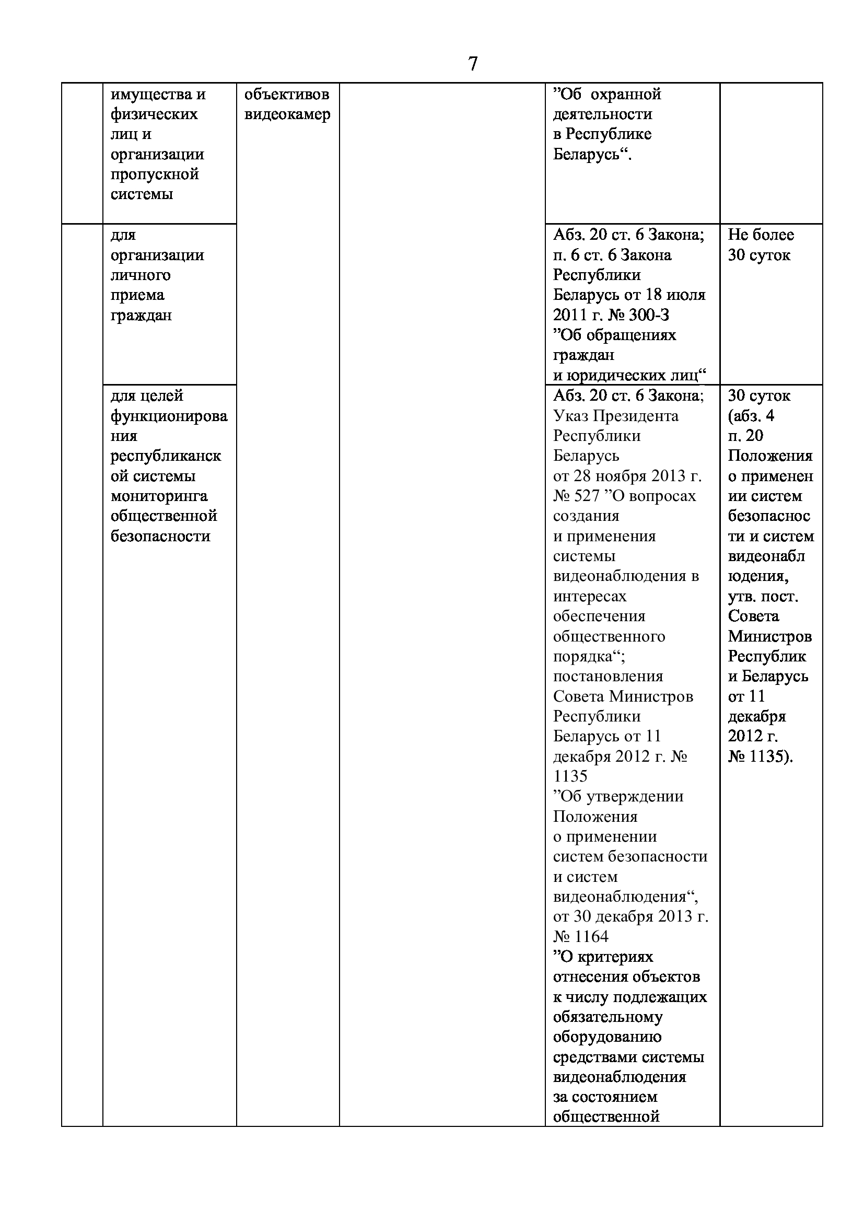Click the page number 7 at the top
pyautogui.click(x=472, y=64)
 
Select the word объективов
pyautogui.click(x=287, y=94)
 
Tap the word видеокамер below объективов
pyautogui.click(x=287, y=114)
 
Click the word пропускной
pyautogui.click(x=155, y=174)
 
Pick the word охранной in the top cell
pyautogui.click(x=626, y=94)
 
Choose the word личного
pyautogui.click(x=141, y=275)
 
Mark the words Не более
pyautogui.click(x=761, y=235)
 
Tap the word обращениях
pyautogui.click(x=631, y=335)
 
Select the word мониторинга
pyautogui.click(x=159, y=496)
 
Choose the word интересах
pyautogui.click(x=590, y=596)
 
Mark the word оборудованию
pyautogui.click(x=607, y=1037)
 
